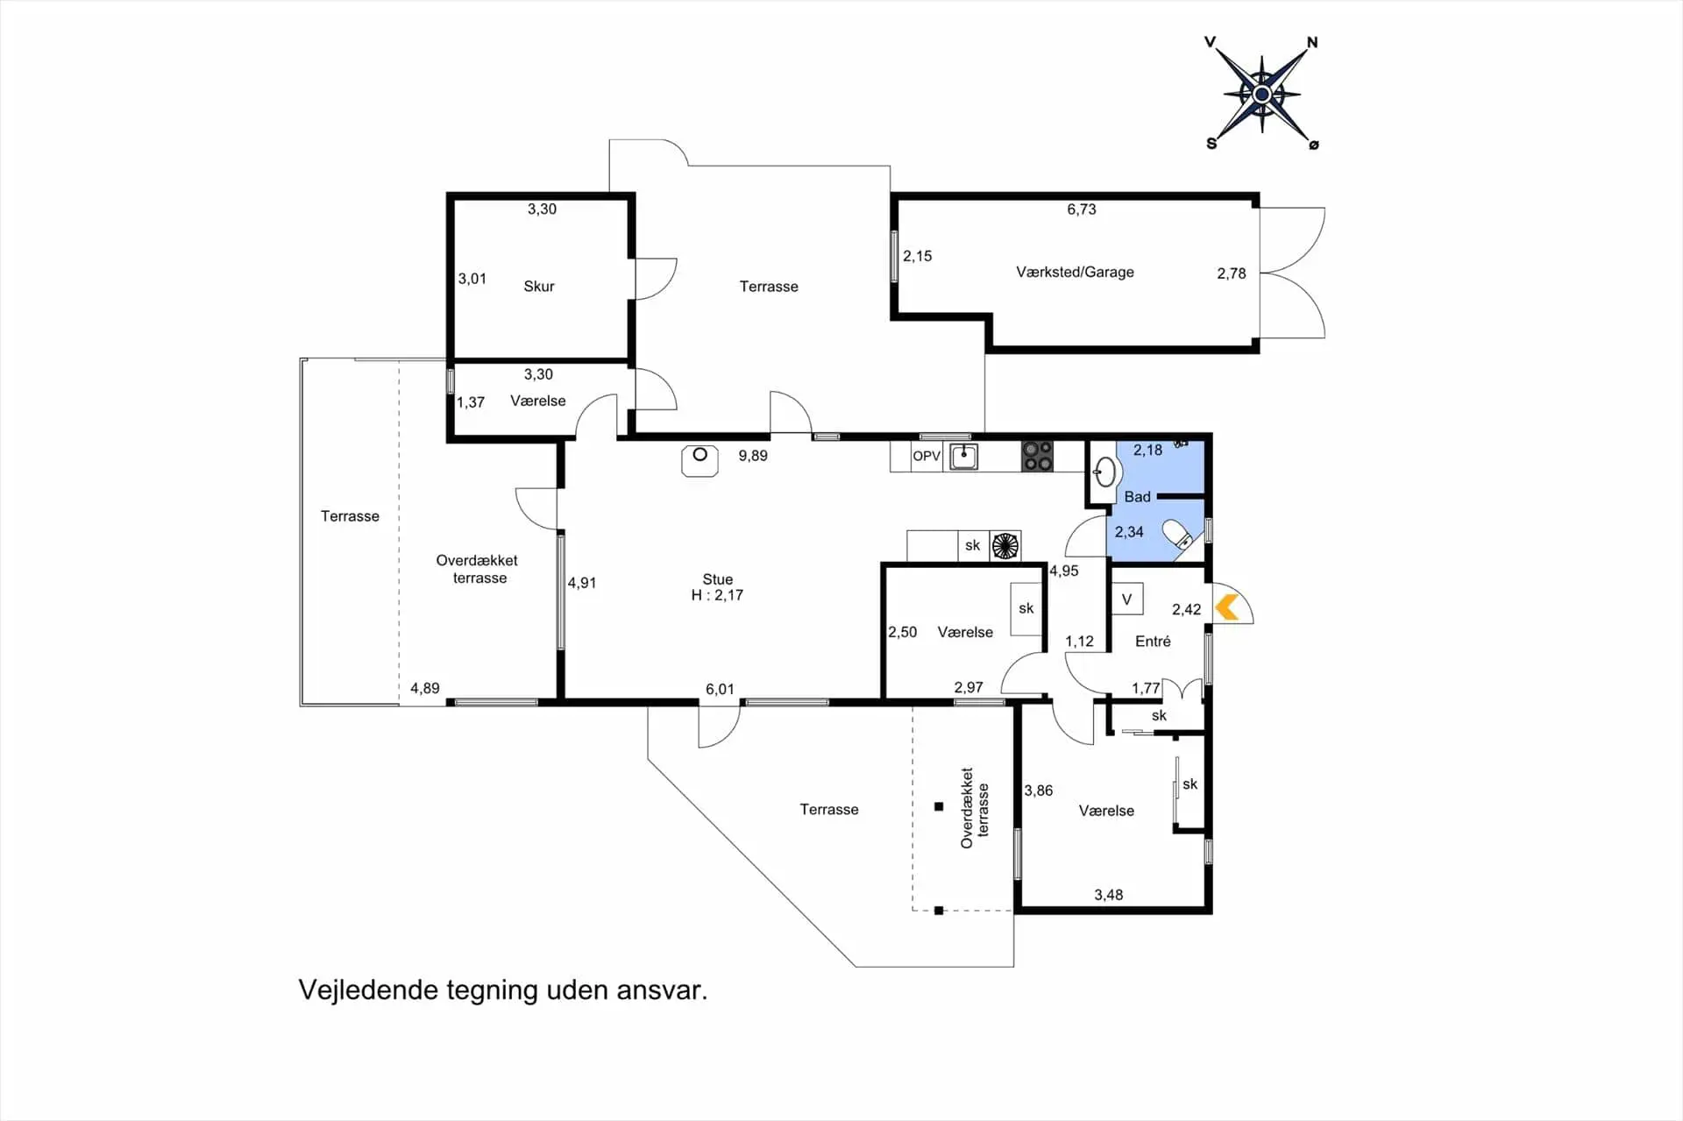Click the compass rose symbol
(1261, 94)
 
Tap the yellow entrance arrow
(1226, 607)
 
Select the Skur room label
(539, 287)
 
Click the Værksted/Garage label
(1075, 273)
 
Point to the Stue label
(717, 579)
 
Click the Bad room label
(1137, 497)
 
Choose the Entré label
(1153, 642)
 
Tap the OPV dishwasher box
(927, 456)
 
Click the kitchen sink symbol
(963, 456)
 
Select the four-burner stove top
(1037, 456)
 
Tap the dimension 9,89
(753, 456)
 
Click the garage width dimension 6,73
(1082, 209)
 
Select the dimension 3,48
(1108, 895)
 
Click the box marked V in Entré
(1127, 600)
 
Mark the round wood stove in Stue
(699, 460)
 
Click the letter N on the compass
(1312, 42)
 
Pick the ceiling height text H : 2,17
(717, 595)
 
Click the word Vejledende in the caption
(368, 990)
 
